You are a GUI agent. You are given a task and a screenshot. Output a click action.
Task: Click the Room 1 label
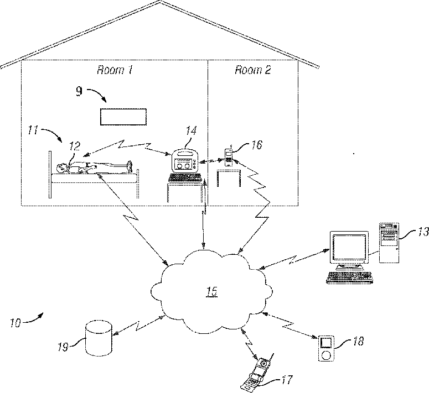pos(115,70)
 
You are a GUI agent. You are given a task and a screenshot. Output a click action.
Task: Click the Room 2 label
pos(253,70)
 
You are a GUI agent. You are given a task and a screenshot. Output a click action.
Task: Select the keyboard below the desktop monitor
pos(348,277)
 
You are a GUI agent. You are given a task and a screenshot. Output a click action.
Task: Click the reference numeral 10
pos(16,322)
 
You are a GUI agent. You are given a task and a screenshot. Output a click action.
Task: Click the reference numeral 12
pos(74,146)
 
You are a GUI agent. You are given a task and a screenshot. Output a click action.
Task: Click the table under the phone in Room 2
pos(228,178)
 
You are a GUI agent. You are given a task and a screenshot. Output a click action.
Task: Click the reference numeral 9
pos(79,91)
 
